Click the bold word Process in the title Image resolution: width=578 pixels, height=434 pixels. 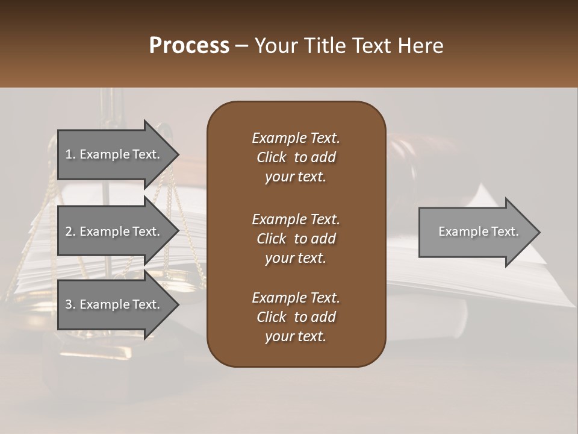[x=189, y=46]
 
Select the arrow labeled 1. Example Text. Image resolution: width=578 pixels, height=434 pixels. [x=114, y=154]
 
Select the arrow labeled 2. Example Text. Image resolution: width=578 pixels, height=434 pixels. [x=114, y=231]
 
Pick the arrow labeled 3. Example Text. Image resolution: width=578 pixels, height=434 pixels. [x=114, y=304]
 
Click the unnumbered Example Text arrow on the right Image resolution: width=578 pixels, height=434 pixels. [x=476, y=232]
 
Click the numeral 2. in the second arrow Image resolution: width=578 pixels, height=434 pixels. [x=70, y=231]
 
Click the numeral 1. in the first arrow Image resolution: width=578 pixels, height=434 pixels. [x=70, y=154]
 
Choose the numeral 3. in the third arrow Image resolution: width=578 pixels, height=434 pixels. [x=70, y=304]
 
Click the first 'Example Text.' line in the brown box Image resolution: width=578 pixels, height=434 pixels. [x=296, y=138]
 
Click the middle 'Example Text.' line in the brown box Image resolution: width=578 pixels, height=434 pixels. [x=296, y=219]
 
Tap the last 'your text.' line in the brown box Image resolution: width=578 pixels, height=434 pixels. [x=296, y=337]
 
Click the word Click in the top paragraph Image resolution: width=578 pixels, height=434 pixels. [x=271, y=157]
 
